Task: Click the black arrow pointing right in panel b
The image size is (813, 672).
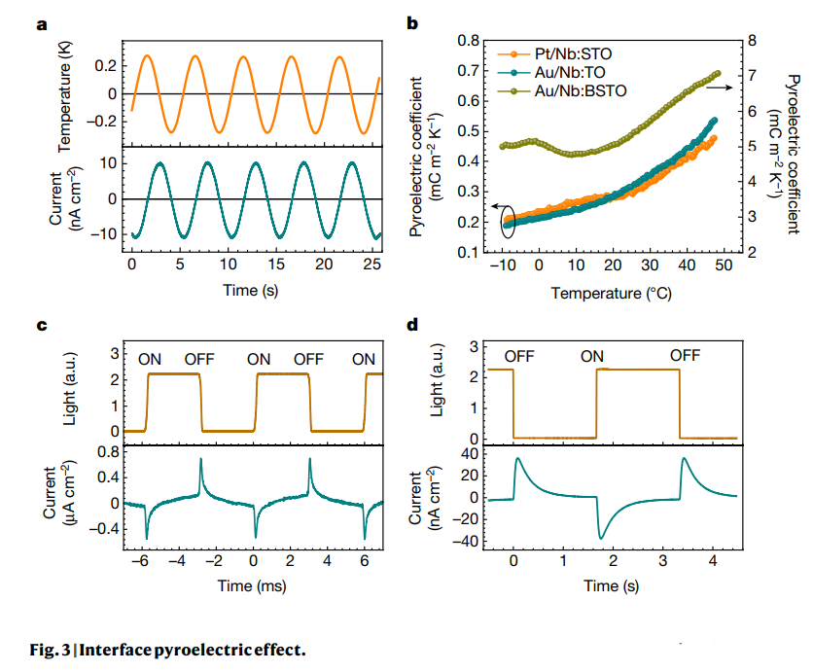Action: tap(717, 87)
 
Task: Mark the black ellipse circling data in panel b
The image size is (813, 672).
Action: tap(507, 223)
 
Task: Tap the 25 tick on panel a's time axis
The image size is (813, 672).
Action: tap(371, 264)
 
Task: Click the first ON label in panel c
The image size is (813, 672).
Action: tap(150, 360)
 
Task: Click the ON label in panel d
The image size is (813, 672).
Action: tap(593, 356)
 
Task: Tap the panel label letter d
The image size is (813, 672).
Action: tap(412, 326)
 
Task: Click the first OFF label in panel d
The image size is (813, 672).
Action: tap(519, 356)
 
